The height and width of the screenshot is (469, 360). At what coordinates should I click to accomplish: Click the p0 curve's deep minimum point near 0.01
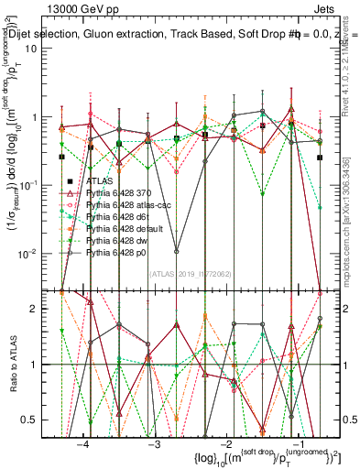tap(176, 251)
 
